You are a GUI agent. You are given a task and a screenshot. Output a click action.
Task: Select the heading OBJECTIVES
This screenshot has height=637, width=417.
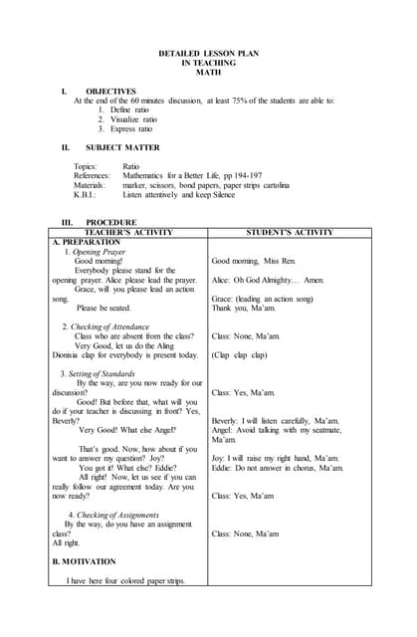pyautogui.click(x=109, y=91)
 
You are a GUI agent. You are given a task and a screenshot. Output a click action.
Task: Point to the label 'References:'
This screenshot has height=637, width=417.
pyautogui.click(x=92, y=175)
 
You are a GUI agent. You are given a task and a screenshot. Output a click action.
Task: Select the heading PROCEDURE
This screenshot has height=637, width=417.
pyautogui.click(x=109, y=222)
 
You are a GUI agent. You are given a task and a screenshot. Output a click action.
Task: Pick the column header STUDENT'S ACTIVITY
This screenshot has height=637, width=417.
pyautogui.click(x=289, y=232)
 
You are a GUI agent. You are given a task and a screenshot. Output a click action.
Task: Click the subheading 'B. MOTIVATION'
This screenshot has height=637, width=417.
pyautogui.click(x=84, y=561)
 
